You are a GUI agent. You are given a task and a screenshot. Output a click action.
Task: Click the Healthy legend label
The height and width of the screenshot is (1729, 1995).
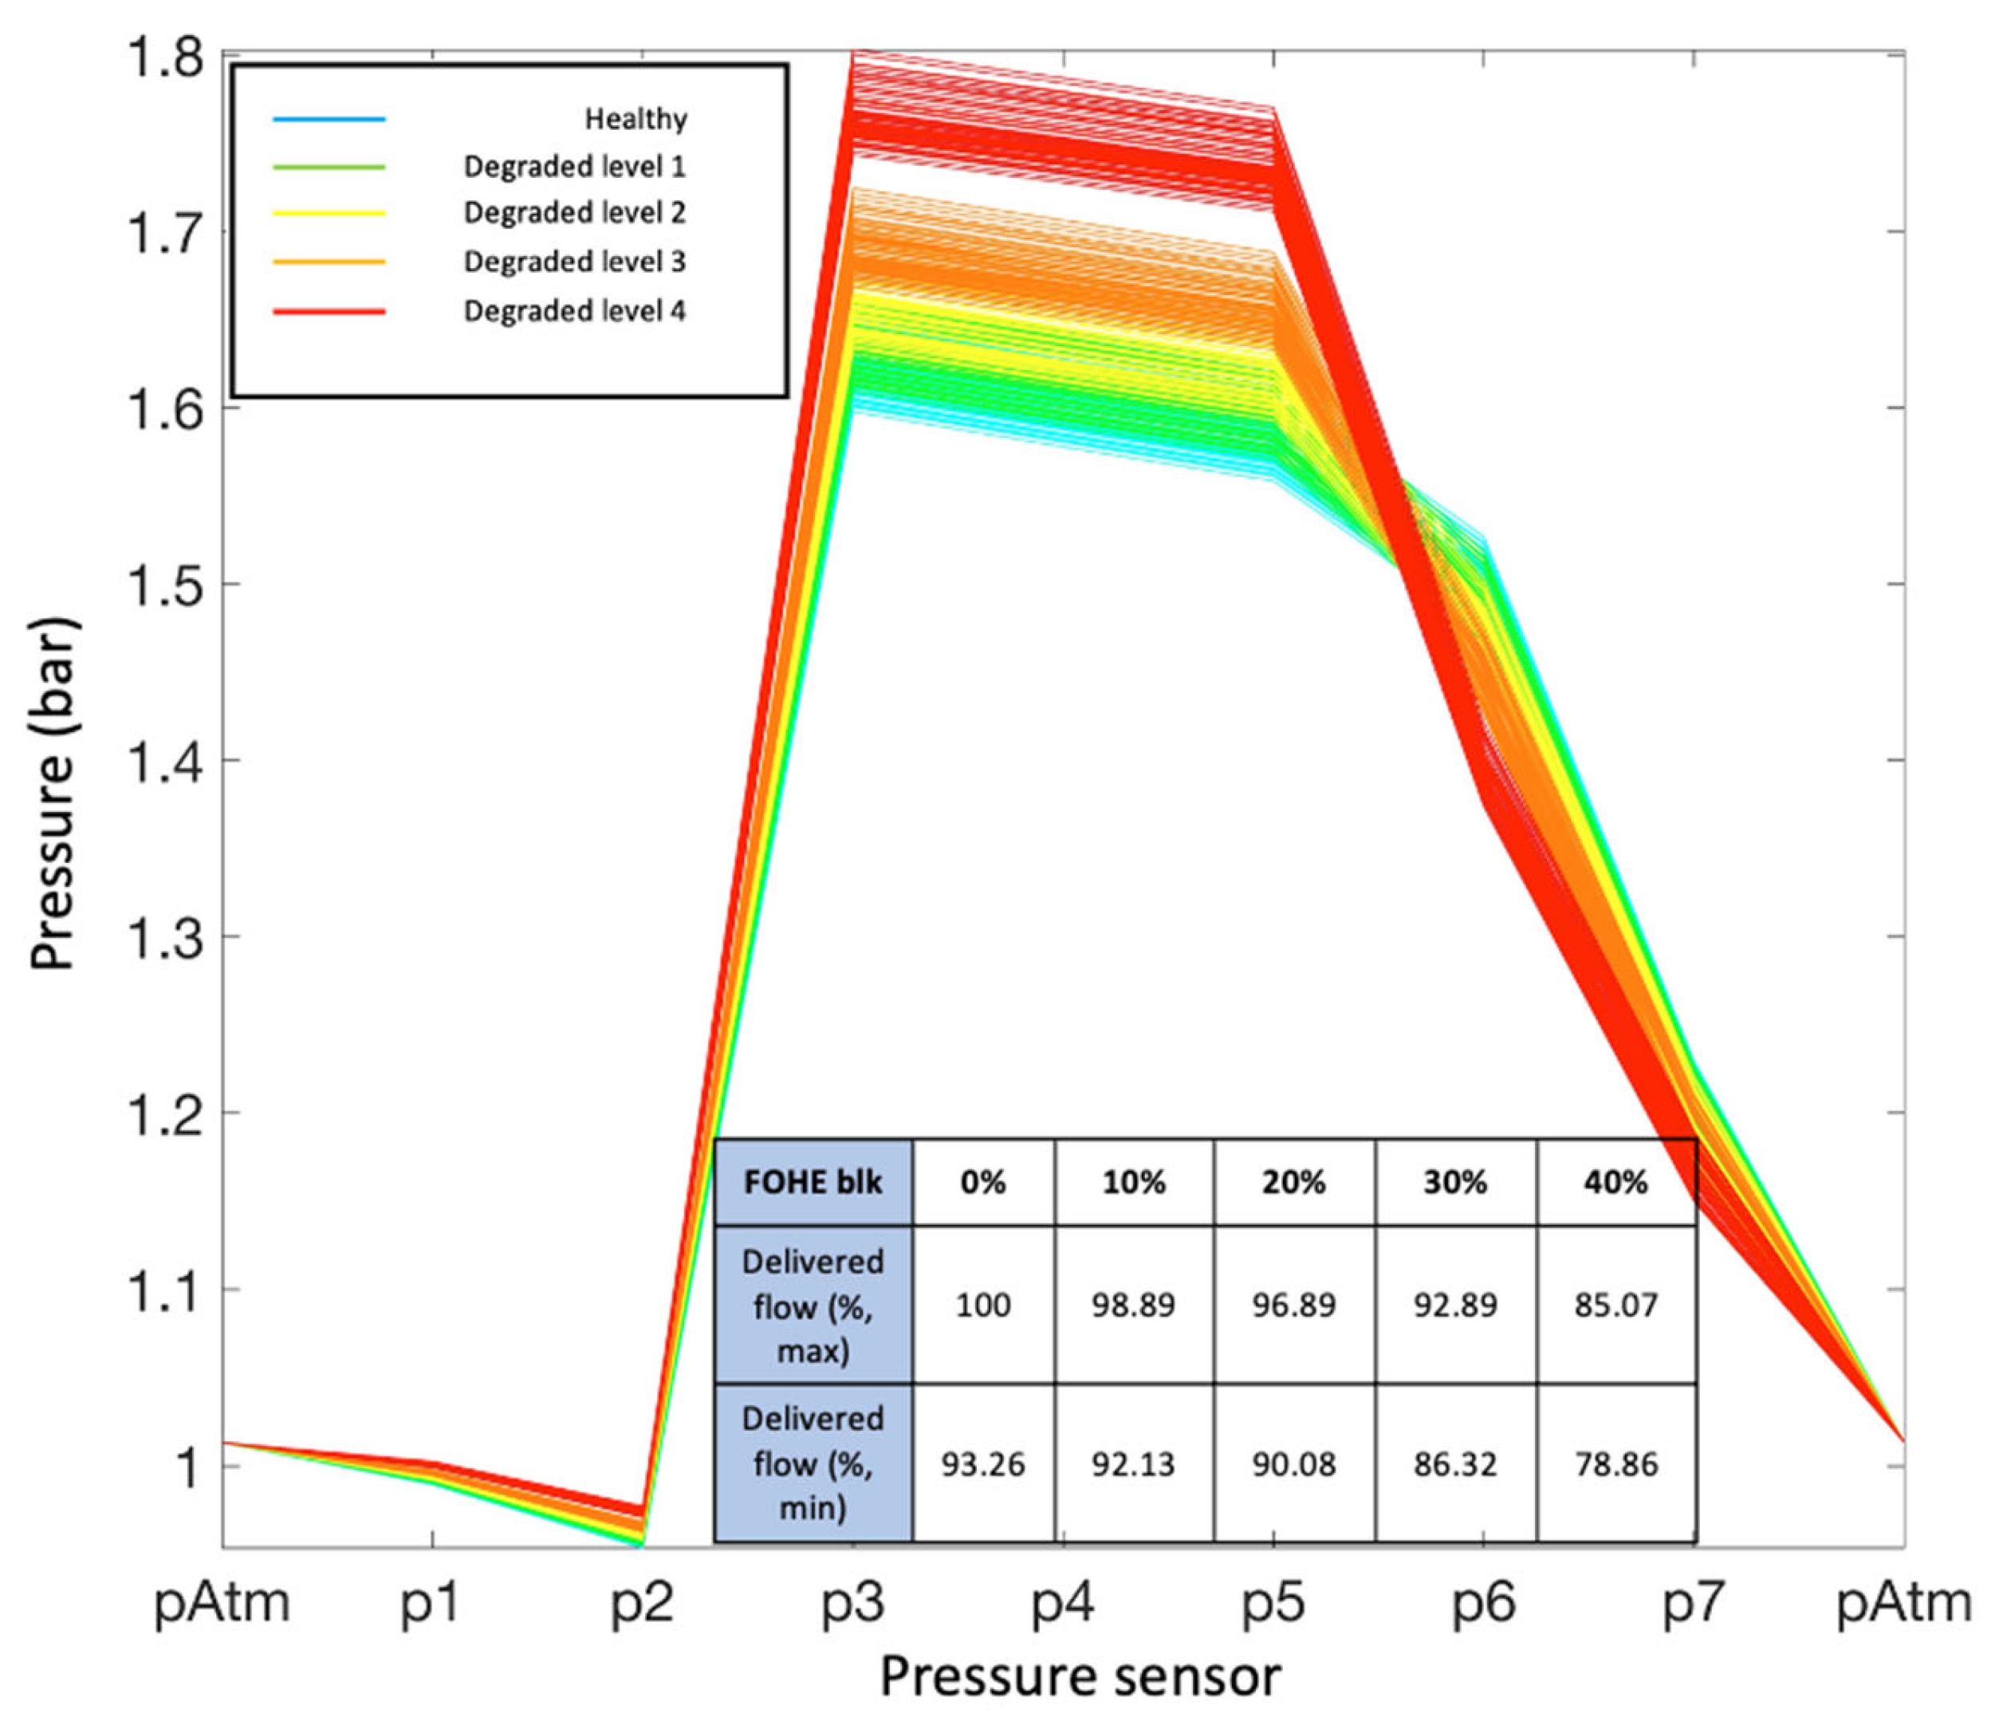click(635, 119)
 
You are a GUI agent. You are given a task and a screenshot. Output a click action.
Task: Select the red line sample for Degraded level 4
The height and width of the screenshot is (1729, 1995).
click(329, 312)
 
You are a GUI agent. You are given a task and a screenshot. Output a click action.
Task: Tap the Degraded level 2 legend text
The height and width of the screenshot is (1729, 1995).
click(574, 212)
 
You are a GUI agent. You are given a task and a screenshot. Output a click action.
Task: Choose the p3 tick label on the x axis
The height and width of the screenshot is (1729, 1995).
click(853, 1604)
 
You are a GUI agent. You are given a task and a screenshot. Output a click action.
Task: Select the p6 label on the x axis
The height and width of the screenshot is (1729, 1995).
click(1484, 1604)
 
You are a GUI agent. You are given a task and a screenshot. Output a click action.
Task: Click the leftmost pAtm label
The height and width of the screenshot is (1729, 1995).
click(222, 1604)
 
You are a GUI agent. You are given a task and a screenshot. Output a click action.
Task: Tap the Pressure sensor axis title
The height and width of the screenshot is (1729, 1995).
click(1080, 1677)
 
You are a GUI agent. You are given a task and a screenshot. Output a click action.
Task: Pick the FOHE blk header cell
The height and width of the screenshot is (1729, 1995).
click(813, 1182)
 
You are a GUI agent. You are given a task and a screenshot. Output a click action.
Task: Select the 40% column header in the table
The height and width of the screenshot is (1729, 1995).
click(1616, 1182)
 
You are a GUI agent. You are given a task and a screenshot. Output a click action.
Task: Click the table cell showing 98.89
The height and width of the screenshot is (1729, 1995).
click(1134, 1306)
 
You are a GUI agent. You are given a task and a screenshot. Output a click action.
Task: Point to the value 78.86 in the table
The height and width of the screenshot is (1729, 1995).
click(1616, 1465)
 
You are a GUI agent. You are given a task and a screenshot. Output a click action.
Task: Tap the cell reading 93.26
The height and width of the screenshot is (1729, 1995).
click(983, 1465)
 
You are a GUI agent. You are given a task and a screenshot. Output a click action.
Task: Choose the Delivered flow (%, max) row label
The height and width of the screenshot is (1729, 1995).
click(813, 1306)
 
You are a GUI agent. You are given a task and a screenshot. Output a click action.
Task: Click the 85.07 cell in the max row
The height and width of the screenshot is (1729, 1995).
click(1616, 1306)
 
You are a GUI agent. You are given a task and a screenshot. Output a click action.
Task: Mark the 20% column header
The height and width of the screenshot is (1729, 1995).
click(1293, 1182)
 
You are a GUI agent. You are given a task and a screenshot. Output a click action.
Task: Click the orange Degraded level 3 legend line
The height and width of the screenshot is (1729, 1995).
click(329, 262)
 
